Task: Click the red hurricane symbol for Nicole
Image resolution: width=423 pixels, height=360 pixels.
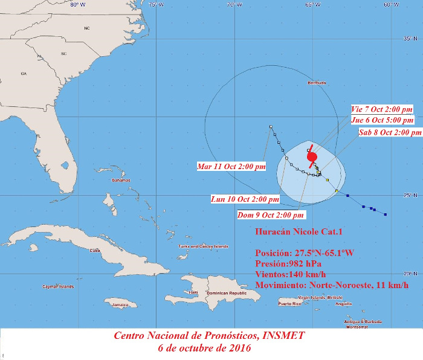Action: [x=312, y=157]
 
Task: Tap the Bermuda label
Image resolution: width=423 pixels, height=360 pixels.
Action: [x=317, y=83]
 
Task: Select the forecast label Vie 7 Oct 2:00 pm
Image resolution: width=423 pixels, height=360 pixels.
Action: [x=382, y=109]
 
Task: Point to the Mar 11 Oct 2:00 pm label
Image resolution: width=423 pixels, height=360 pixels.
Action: [x=231, y=166]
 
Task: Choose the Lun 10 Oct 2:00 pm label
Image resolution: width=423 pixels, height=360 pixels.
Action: [x=245, y=199]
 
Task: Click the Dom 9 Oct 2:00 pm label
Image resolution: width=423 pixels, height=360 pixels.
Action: [x=271, y=214]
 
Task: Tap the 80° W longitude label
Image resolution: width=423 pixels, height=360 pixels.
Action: [x=77, y=5]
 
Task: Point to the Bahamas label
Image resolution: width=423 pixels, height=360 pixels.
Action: [x=121, y=181]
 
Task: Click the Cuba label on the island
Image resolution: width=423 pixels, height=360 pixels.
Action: [x=95, y=250]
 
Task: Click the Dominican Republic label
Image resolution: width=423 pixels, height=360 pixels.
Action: [x=227, y=293]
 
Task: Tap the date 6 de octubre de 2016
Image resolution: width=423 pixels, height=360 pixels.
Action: [x=204, y=348]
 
